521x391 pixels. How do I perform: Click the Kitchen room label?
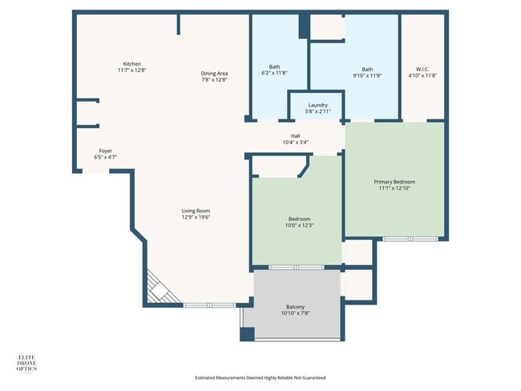(132, 64)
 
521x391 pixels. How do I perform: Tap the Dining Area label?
(214, 74)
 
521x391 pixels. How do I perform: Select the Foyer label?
(105, 151)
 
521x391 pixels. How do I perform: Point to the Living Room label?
(196, 211)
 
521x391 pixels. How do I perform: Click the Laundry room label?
(317, 105)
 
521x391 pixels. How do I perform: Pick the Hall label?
(295, 136)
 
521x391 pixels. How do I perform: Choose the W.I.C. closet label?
(422, 69)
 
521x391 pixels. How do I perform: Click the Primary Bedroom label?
(394, 182)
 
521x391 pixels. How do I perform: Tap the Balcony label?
(295, 307)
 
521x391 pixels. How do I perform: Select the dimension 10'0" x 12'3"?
(299, 225)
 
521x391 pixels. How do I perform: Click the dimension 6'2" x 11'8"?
(274, 73)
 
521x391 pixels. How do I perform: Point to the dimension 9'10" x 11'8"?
(366, 75)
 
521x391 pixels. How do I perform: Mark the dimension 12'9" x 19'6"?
(196, 217)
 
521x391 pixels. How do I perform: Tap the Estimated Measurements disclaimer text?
(260, 377)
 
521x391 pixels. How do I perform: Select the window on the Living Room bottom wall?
(210, 304)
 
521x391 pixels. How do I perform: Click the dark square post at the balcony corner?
(247, 333)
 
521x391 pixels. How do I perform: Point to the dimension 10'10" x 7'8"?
(295, 313)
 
